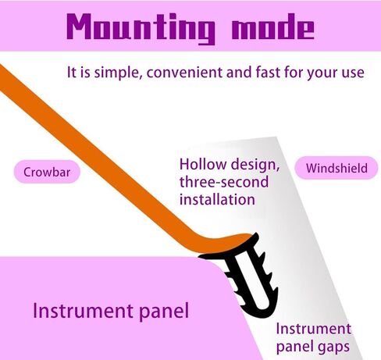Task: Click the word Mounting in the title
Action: (141, 28)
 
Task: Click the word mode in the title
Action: (273, 27)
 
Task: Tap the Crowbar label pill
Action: (47, 172)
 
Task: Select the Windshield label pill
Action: (336, 168)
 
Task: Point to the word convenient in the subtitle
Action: (184, 73)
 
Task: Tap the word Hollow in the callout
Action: (203, 165)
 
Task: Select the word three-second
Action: (224, 182)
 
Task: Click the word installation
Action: (217, 199)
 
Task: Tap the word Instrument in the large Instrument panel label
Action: (84, 311)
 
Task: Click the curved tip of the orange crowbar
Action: (248, 237)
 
